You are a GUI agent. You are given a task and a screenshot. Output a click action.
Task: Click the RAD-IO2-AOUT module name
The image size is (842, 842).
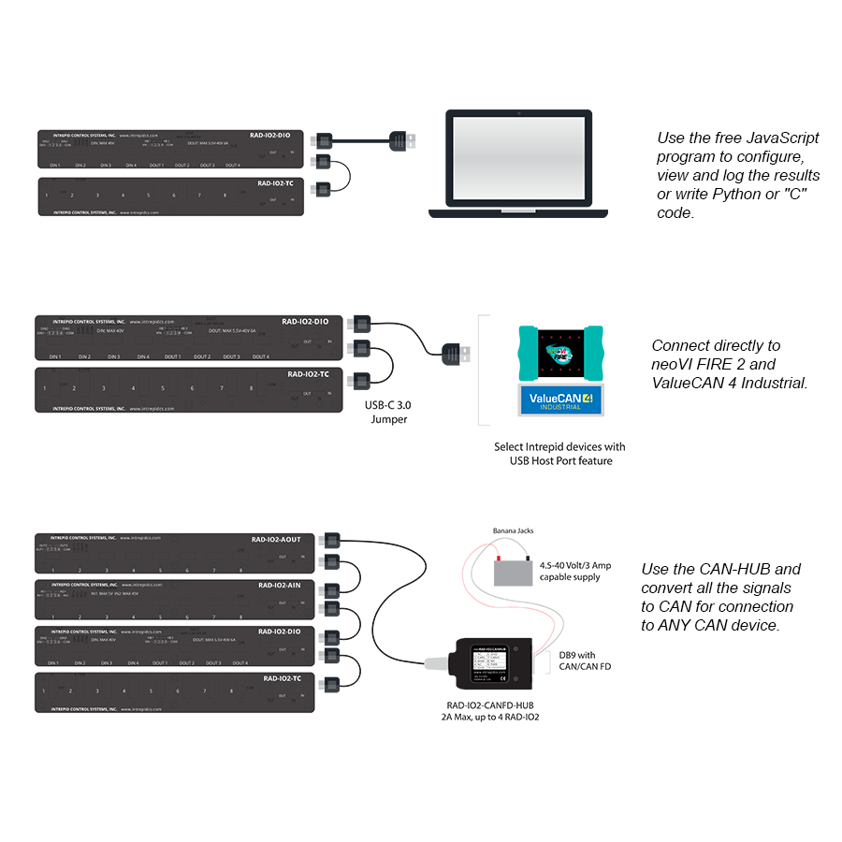(276, 540)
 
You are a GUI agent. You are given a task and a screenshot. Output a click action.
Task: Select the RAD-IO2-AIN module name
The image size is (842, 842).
(279, 586)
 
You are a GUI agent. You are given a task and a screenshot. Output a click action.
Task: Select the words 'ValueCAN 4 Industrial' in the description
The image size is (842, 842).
(728, 383)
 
